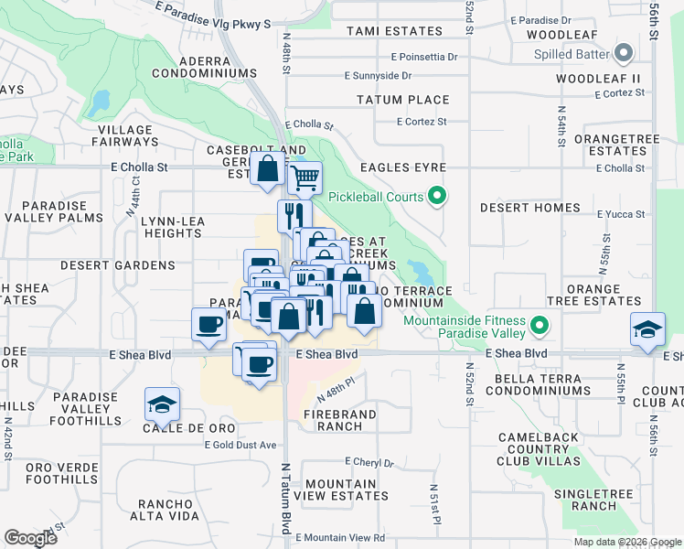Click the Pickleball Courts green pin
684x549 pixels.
click(x=437, y=196)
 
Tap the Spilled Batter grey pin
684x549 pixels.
click(x=625, y=53)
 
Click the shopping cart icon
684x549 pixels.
click(x=305, y=177)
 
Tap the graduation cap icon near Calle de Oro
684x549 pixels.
click(x=162, y=404)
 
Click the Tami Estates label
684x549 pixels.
click(x=394, y=31)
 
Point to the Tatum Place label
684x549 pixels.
click(x=403, y=100)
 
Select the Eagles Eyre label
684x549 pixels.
click(x=403, y=167)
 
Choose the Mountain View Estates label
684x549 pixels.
click(x=347, y=490)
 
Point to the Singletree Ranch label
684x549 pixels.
click(x=585, y=500)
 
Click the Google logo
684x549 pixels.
click(x=31, y=538)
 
